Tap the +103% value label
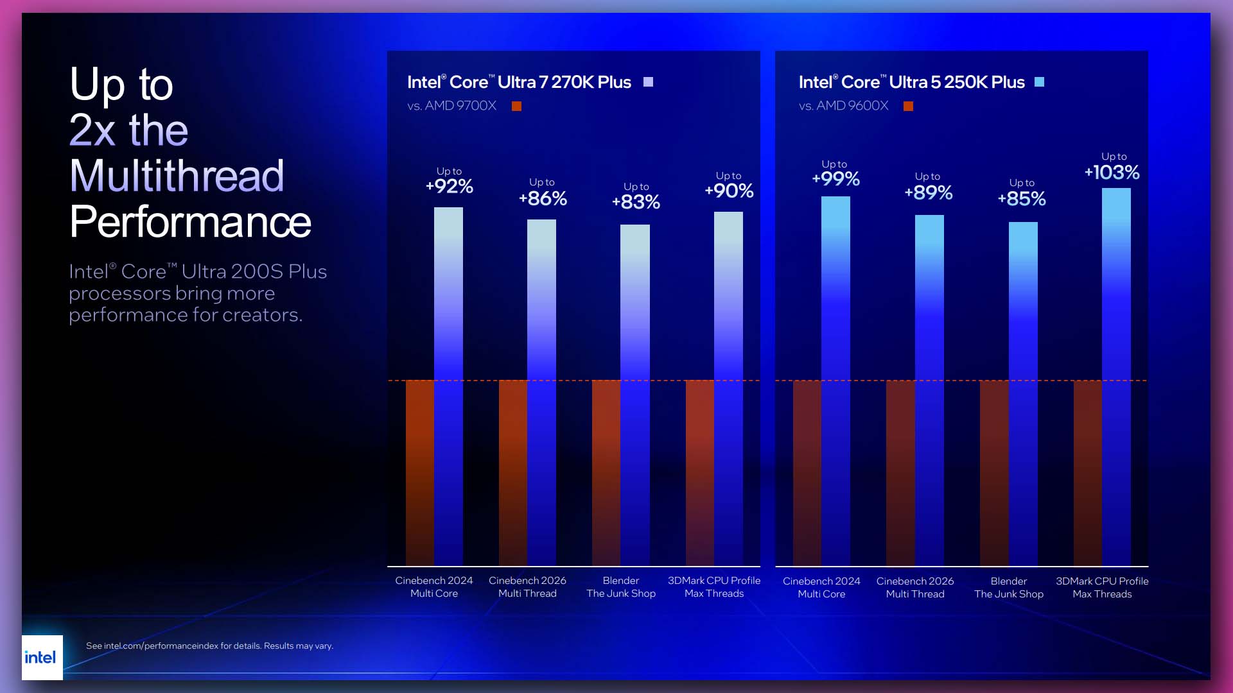pyautogui.click(x=1112, y=172)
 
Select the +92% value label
pyautogui.click(x=449, y=187)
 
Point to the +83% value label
pyautogui.click(x=636, y=202)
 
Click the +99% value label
pyautogui.click(x=835, y=178)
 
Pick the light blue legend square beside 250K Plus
pyautogui.click(x=1039, y=82)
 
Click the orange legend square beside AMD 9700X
pyautogui.click(x=516, y=107)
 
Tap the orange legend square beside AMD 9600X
pyautogui.click(x=908, y=107)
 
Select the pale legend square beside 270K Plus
pyautogui.click(x=648, y=82)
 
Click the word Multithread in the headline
pyautogui.click(x=177, y=176)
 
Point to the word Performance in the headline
pyautogui.click(x=190, y=222)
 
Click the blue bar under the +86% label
pyautogui.click(x=541, y=391)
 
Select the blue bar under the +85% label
pyautogui.click(x=1023, y=391)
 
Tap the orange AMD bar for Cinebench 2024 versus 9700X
pyautogui.click(x=420, y=472)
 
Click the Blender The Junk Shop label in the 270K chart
pyautogui.click(x=620, y=587)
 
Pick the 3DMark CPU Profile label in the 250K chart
pyautogui.click(x=1102, y=588)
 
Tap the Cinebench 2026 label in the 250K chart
pyautogui.click(x=914, y=588)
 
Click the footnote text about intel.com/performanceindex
pyautogui.click(x=209, y=646)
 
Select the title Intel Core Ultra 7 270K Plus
pyautogui.click(x=519, y=82)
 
